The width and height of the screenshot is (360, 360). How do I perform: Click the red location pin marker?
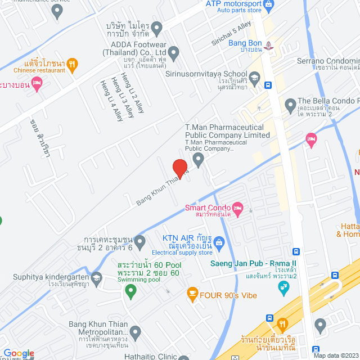coord(179,168)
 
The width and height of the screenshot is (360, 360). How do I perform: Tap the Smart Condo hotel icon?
coord(237,209)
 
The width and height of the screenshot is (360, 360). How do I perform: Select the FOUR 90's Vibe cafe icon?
coord(192,292)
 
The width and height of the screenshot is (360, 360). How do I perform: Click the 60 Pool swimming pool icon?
coord(131,291)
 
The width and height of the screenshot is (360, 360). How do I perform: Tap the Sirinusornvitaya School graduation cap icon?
coord(254,77)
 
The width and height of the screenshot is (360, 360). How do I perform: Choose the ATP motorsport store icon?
coord(268,5)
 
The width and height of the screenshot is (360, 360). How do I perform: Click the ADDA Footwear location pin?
coord(174,54)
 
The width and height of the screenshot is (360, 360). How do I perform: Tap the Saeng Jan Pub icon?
coord(285,289)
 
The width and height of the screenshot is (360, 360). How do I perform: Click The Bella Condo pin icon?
coord(290,105)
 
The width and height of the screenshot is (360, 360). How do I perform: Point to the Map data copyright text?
coord(336,355)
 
